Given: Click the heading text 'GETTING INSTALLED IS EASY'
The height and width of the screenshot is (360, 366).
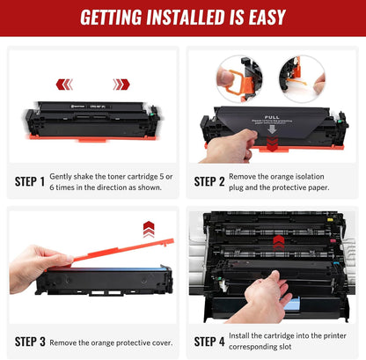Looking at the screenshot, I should [183, 18].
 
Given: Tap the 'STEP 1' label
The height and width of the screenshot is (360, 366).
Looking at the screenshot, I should [30, 181].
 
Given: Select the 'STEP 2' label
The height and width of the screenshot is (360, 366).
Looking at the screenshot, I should [209, 181].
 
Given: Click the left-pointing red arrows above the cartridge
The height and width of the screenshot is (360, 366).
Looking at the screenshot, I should [64, 84].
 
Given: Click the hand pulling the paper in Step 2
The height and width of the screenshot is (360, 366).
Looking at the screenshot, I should [231, 147].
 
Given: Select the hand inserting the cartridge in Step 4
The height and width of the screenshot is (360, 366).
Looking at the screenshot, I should [264, 295].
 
